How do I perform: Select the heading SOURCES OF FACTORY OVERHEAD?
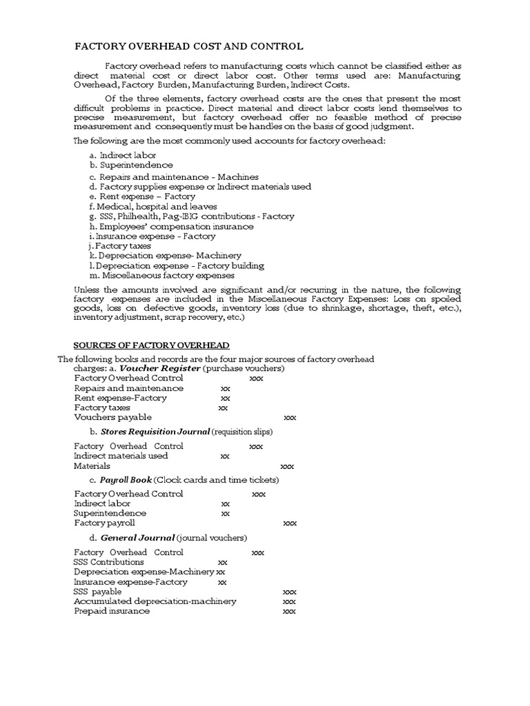[x=152, y=345]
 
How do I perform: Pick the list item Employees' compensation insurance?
[x=171, y=226]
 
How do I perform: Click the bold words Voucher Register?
[x=160, y=368]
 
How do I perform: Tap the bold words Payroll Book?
[x=126, y=479]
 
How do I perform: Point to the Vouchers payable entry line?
[x=112, y=417]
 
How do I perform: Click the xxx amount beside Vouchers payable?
[x=290, y=418]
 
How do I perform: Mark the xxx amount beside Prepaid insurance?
[x=290, y=612]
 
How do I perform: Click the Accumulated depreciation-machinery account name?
[x=155, y=601]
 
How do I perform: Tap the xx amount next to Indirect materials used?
[x=225, y=456]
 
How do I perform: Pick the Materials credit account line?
[x=92, y=466]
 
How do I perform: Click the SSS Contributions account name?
[x=109, y=562]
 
